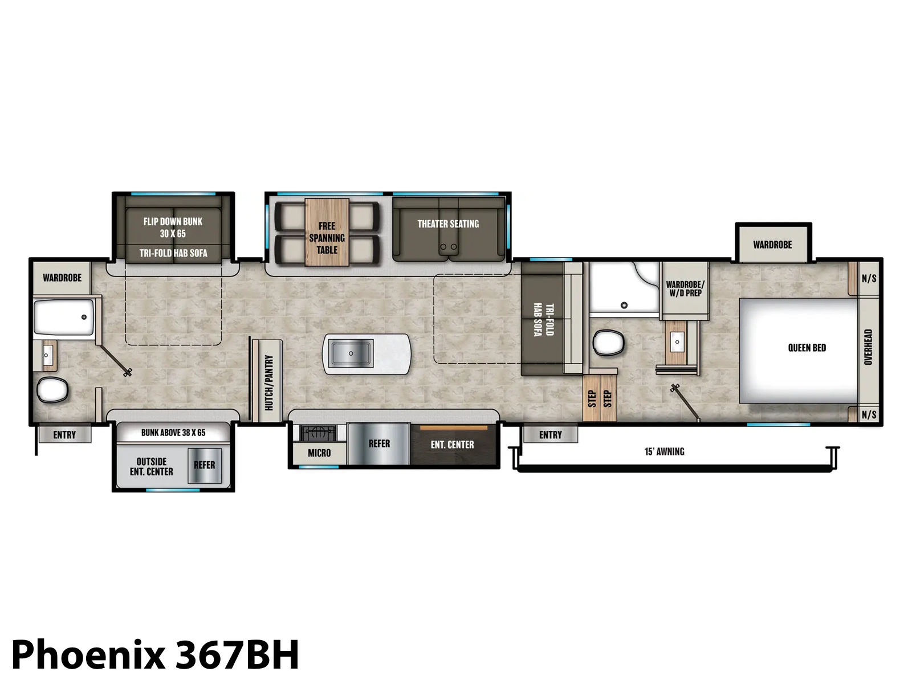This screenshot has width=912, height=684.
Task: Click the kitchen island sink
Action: (351, 353)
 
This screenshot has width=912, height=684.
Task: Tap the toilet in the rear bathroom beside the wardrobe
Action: (52, 390)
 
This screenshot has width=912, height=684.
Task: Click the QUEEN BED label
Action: (807, 348)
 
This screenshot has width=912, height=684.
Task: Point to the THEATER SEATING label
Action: (448, 224)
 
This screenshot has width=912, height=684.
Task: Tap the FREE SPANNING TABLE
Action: (327, 232)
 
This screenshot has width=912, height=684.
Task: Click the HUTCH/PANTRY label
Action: (269, 382)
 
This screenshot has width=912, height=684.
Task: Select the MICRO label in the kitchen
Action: (319, 453)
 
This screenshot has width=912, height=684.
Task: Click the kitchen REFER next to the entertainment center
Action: (378, 443)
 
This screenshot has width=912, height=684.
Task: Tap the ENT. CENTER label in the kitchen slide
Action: (452, 445)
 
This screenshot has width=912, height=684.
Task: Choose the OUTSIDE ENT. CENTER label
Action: (151, 466)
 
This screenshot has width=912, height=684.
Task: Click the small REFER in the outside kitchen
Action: (205, 465)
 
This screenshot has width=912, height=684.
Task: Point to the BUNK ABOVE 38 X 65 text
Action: (173, 433)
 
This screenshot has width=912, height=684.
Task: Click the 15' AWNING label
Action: (665, 451)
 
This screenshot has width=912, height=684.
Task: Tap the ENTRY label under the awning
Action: (550, 435)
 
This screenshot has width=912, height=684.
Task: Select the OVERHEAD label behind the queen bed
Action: (868, 347)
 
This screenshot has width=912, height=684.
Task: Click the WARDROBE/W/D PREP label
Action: (685, 288)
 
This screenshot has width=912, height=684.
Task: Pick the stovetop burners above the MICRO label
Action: (318, 433)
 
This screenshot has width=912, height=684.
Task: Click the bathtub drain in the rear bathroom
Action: (84, 317)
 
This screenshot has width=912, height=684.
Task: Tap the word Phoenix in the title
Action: (88, 655)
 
